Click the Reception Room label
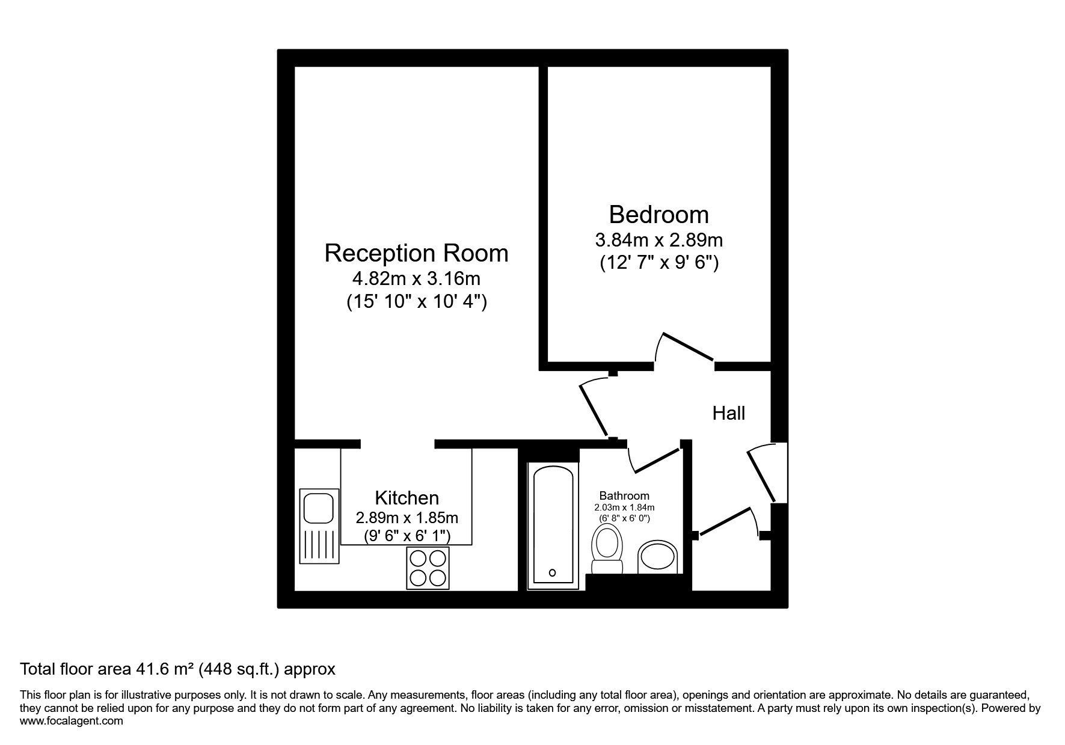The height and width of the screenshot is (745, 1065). [416, 253]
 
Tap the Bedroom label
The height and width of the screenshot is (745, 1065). [658, 215]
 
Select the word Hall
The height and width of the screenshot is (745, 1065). [729, 413]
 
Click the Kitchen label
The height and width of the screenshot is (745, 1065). [407, 498]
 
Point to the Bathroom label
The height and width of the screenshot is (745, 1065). [624, 496]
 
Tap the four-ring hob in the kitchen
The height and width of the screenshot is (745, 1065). [428, 568]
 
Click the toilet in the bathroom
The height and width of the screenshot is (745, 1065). [607, 548]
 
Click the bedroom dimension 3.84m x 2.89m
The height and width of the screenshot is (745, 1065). [658, 241]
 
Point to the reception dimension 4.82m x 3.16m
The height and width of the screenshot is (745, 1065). [416, 279]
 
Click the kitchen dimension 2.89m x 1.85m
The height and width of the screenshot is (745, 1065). [407, 518]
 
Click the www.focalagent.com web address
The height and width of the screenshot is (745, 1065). [72, 721]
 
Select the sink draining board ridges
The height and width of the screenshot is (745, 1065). [319, 543]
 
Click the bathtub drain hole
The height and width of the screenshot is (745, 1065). [553, 572]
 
